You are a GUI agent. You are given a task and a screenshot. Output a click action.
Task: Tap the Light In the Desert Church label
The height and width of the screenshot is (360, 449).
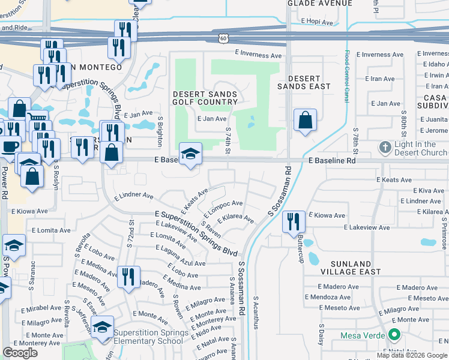[x=420, y=148]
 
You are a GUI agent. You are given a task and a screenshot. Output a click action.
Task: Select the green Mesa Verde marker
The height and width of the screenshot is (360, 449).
[x=394, y=335]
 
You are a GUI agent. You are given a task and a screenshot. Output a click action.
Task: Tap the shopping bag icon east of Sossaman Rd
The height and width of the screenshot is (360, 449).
[x=306, y=121]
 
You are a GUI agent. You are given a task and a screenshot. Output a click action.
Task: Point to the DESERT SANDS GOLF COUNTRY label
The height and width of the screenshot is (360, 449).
[x=205, y=98]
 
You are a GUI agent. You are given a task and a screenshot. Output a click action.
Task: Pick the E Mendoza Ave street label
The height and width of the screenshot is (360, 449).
[x=328, y=297]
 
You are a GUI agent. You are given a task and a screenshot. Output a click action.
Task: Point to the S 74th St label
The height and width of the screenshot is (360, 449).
[x=228, y=140]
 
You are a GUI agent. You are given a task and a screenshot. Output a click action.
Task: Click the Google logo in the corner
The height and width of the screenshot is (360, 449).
[x=20, y=353]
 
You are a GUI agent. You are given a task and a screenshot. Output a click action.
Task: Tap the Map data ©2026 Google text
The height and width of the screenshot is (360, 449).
[x=411, y=355]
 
